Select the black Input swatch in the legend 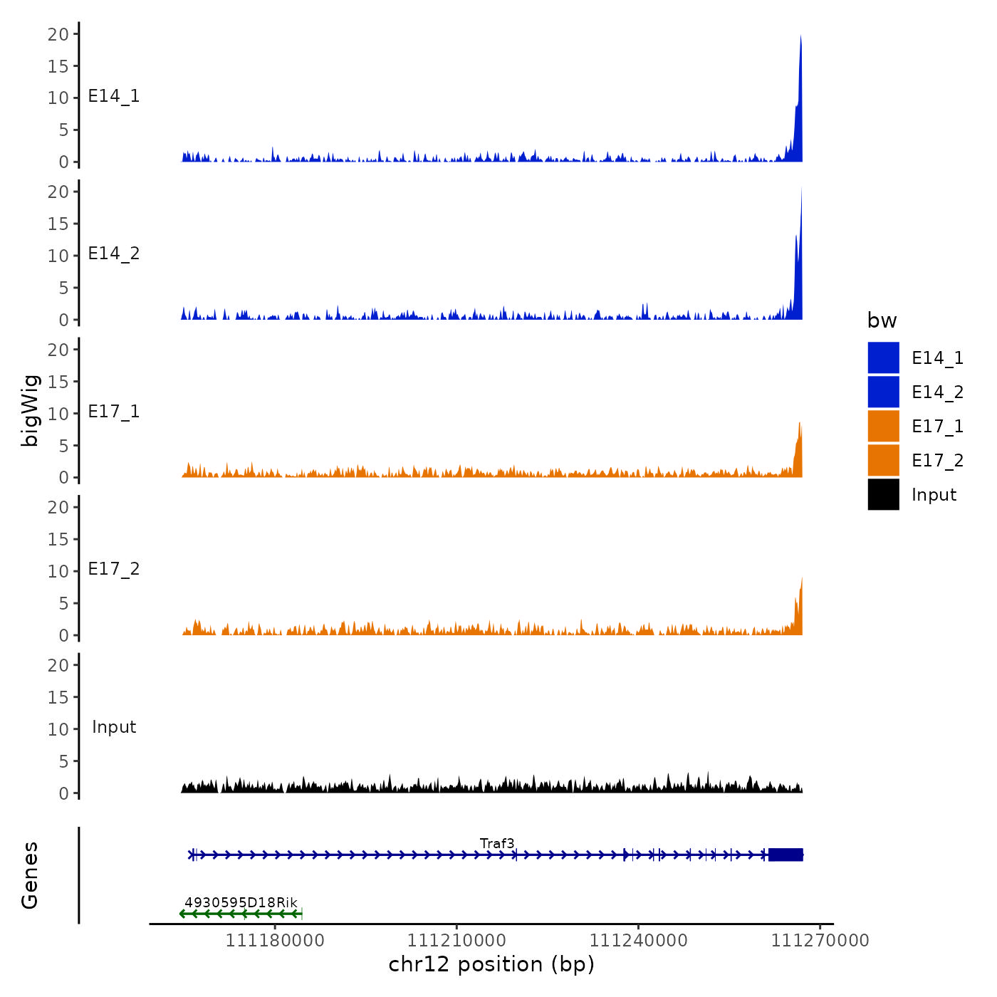pos(883,494)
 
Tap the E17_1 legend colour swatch pos(883,426)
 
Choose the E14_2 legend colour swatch pos(883,392)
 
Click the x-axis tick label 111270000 pos(820,940)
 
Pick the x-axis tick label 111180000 pos(275,940)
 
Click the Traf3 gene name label pos(497,843)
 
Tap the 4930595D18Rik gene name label pos(241,902)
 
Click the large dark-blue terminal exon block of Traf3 pos(785,855)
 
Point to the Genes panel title pos(30,875)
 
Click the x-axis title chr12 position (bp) pos(491,964)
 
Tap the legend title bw pos(882,320)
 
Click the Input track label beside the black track pos(114,727)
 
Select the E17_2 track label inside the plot pos(114,569)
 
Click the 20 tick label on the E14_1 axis pos(58,34)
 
